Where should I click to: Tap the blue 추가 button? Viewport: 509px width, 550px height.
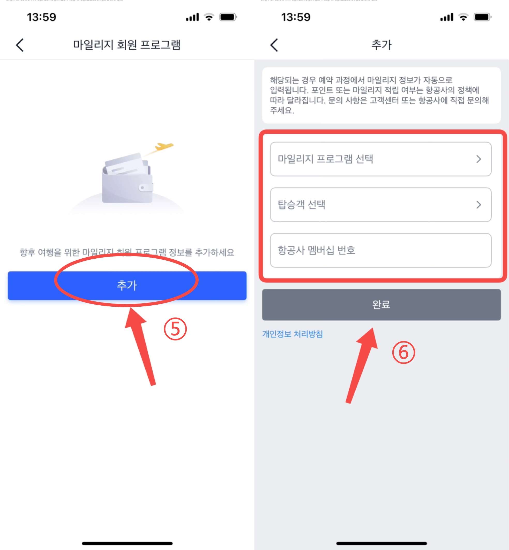127,285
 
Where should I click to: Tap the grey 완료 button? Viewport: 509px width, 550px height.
381,305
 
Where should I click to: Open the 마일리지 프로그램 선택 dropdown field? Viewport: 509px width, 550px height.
381,159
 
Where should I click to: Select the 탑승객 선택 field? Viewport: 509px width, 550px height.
381,205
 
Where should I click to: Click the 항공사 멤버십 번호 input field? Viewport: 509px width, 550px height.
381,250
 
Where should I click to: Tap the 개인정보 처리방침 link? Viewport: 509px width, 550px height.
292,334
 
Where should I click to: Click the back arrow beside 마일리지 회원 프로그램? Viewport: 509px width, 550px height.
20,45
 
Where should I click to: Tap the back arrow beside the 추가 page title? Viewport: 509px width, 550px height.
274,45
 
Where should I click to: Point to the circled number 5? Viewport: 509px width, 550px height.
175,329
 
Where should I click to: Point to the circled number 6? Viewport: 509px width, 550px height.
403,352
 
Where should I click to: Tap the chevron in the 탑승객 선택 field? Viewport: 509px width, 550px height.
478,205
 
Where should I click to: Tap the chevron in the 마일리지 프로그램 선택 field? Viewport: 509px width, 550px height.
478,159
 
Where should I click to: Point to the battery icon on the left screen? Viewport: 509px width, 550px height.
228,17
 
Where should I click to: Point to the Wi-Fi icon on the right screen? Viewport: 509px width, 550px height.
463,17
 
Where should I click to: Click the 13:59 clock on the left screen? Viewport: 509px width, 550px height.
42,17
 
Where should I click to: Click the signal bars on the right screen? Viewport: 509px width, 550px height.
446,17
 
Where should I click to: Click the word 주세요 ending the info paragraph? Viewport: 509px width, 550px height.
282,111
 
